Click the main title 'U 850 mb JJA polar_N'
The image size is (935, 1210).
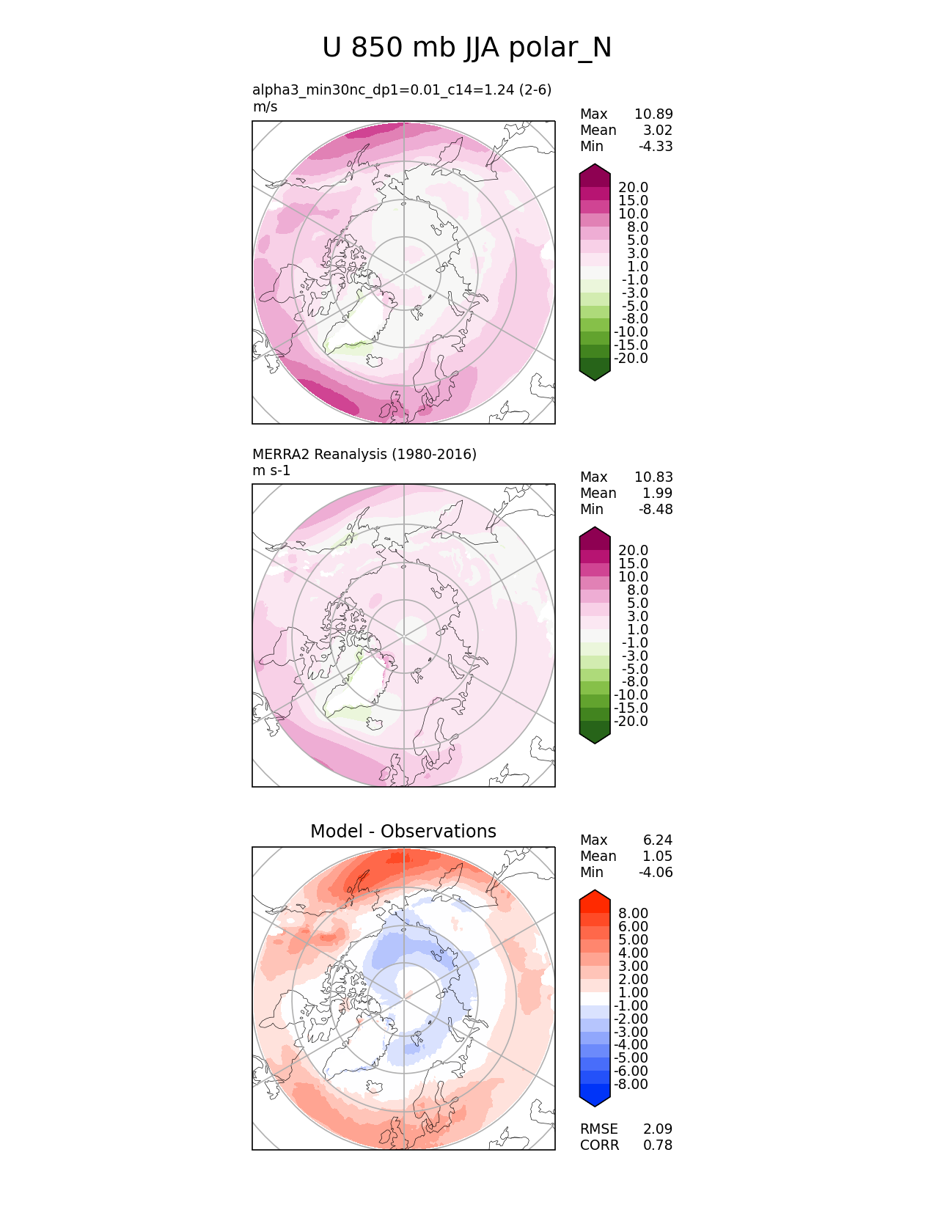[466, 48]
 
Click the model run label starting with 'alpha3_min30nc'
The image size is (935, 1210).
[402, 89]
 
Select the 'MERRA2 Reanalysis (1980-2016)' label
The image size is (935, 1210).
[364, 454]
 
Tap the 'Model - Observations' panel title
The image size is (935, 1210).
[403, 831]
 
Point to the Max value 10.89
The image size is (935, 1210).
[653, 114]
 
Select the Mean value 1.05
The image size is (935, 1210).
[658, 856]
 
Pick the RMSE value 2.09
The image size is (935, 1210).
[658, 1129]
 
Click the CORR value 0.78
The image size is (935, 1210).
[658, 1145]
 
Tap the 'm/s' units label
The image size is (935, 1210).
[265, 106]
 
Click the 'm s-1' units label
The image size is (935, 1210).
[271, 470]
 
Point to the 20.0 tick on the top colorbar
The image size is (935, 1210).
[633, 188]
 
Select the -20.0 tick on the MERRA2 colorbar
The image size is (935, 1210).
[631, 721]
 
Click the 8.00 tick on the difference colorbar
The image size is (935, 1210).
[633, 913]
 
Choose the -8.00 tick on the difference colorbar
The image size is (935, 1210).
[631, 1084]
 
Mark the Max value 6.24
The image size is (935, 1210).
[658, 840]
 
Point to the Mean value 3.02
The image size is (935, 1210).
[658, 130]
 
